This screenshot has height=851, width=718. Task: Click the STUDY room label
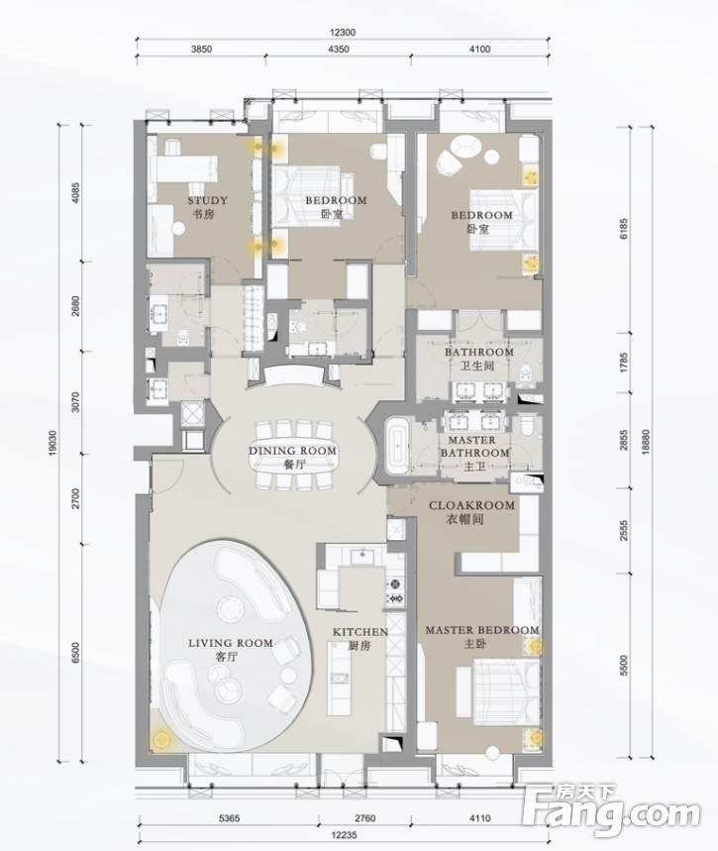(x=207, y=200)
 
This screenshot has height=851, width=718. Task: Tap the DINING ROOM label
(x=292, y=451)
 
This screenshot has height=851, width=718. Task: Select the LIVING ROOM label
(x=231, y=643)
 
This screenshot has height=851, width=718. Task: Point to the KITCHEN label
(x=360, y=632)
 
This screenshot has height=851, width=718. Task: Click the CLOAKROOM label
(x=472, y=505)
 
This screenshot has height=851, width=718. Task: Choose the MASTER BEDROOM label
(x=482, y=630)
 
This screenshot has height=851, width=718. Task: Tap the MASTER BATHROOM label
(x=474, y=446)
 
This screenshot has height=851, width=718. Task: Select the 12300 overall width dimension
(x=342, y=33)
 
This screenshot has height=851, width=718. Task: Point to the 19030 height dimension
(x=52, y=443)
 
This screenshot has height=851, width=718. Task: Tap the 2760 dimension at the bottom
(x=364, y=817)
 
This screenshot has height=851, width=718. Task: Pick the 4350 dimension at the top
(x=339, y=50)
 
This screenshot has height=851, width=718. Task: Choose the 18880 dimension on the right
(x=645, y=443)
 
